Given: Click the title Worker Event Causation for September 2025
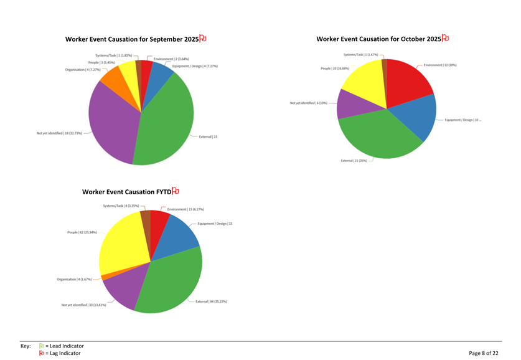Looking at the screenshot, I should pyautogui.click(x=132, y=39).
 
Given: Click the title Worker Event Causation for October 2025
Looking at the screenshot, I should pyautogui.click(x=378, y=39).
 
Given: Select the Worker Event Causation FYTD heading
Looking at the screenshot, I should pyautogui.click(x=126, y=192).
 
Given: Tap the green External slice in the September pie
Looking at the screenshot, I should pyautogui.click(x=165, y=125).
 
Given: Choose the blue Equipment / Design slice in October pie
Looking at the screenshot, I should pyautogui.click(x=420, y=118).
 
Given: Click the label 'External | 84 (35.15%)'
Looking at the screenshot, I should pyautogui.click(x=211, y=301).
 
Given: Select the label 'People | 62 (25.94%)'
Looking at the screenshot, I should pyautogui.click(x=82, y=232).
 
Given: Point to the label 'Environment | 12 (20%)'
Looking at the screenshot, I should pyautogui.click(x=440, y=65).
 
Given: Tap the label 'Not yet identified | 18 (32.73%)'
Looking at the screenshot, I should pyautogui.click(x=59, y=133).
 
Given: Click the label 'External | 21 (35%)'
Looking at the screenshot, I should pyautogui.click(x=354, y=161).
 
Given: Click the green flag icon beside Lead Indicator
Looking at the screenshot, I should pyautogui.click(x=42, y=346).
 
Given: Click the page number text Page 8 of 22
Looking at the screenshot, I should pyautogui.click(x=483, y=353).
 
